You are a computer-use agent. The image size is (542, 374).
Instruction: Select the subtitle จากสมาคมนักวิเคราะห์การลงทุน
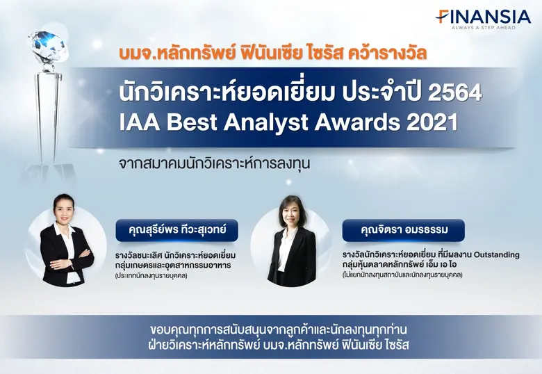coord(213,165)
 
